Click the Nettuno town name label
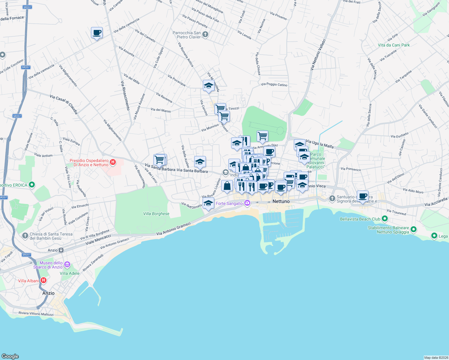[281, 201]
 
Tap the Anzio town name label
[48, 293]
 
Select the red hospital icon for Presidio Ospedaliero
[113, 162]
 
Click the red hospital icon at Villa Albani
[44, 280]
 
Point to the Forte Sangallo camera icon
[247, 203]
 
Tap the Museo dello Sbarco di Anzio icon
[67, 265]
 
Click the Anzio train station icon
[61, 250]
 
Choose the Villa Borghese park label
[156, 214]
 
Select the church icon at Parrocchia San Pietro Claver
[205, 35]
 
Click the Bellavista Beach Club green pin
[385, 219]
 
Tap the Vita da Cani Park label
[393, 45]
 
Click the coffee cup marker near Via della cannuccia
[97, 33]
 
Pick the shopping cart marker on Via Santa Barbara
[159, 159]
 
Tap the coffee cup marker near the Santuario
[363, 196]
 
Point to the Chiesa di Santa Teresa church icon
[25, 236]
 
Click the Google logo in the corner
[10, 356]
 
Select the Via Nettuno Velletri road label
[318, 55]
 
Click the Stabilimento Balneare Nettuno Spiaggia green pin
[414, 229]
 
